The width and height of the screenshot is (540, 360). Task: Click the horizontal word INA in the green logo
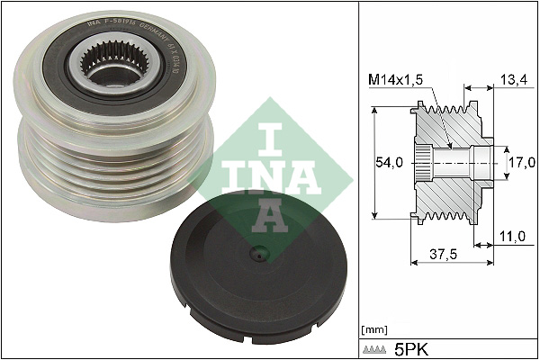pyautogui.click(x=267, y=173)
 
